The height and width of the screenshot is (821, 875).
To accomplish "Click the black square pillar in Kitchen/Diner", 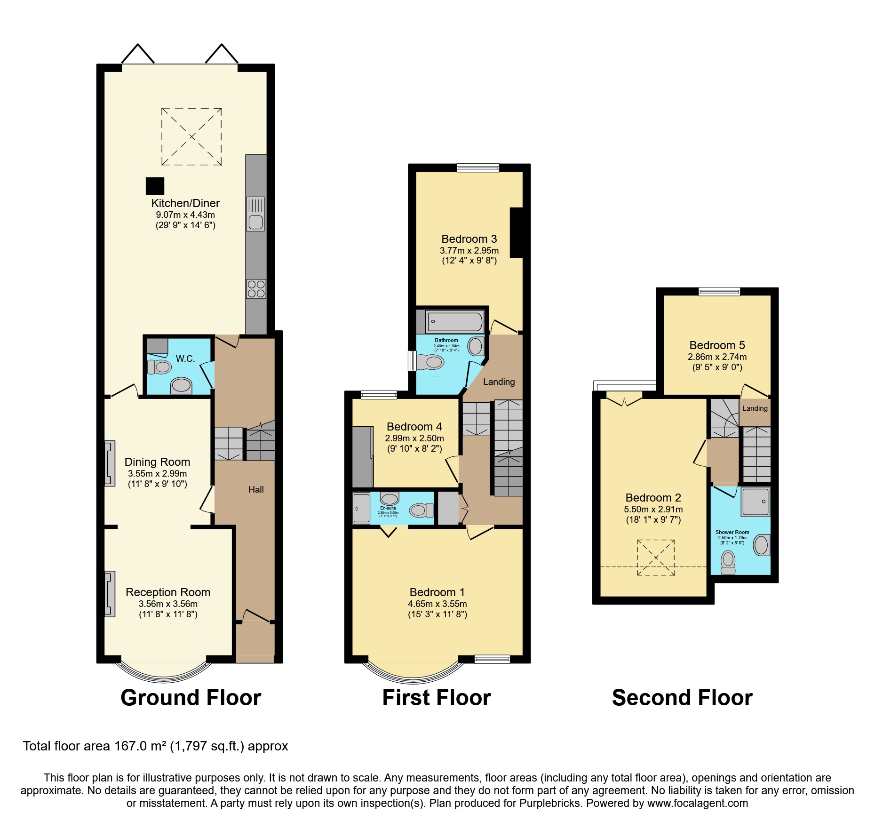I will pyautogui.click(x=155, y=186).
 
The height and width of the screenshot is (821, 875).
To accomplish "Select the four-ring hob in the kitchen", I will pyautogui.click(x=256, y=288).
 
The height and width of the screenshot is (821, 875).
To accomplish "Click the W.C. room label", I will pyautogui.click(x=185, y=359).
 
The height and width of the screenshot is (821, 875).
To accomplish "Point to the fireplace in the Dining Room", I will pyautogui.click(x=110, y=463).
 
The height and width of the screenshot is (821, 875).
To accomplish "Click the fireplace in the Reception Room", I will pyautogui.click(x=110, y=594).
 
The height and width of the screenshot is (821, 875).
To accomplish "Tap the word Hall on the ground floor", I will pyautogui.click(x=256, y=490).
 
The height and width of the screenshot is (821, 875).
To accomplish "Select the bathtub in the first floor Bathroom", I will pyautogui.click(x=454, y=322).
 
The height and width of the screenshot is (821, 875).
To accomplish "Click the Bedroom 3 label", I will pyautogui.click(x=469, y=239).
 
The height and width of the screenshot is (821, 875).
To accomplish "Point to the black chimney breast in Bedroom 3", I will pyautogui.click(x=516, y=232).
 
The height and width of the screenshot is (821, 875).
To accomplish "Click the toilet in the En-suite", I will pyautogui.click(x=421, y=510).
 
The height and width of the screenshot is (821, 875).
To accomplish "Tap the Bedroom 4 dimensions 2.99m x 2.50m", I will pyautogui.click(x=414, y=438).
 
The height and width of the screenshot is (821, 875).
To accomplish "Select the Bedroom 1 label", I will pyautogui.click(x=437, y=592).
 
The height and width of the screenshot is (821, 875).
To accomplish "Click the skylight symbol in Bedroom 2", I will pyautogui.click(x=655, y=558).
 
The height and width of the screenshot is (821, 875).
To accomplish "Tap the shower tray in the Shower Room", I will pyautogui.click(x=755, y=502).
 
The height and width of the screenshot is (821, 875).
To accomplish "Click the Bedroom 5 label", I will pyautogui.click(x=717, y=345).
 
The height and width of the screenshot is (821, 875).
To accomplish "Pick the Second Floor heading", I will pyautogui.click(x=682, y=698).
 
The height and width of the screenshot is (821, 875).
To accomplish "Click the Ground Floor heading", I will pyautogui.click(x=191, y=698).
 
